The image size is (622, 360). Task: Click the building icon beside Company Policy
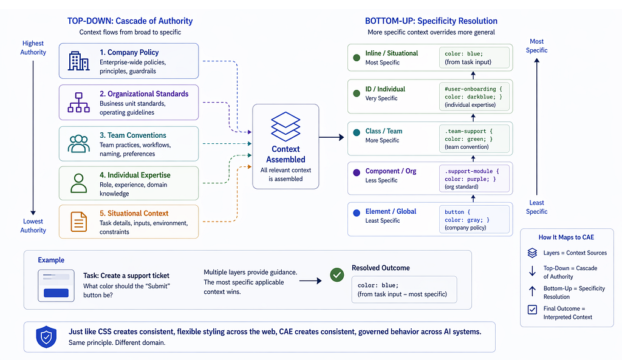(78, 61)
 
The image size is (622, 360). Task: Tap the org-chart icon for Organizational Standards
(78, 102)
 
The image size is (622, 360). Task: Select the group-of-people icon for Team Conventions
(78, 143)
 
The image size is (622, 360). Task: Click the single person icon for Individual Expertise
(78, 183)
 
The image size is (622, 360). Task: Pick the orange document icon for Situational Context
(78, 222)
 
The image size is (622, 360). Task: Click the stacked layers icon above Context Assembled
(285, 126)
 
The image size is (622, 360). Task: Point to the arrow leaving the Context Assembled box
(331, 138)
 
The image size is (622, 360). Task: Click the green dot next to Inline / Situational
(357, 58)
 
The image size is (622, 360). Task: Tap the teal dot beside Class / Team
(357, 132)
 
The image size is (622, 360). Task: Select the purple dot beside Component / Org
(357, 172)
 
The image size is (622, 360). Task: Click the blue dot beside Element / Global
(357, 213)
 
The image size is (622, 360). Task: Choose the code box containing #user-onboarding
(474, 97)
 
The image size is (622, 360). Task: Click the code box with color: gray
(474, 219)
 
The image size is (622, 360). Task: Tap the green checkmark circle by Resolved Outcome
(337, 275)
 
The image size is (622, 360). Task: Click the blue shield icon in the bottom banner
(46, 336)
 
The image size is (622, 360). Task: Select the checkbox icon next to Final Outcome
(532, 309)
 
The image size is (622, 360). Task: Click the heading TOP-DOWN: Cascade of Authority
(130, 21)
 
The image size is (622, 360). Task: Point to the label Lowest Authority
(33, 226)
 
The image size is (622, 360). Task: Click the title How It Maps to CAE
(566, 237)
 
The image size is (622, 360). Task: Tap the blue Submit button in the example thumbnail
(56, 293)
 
